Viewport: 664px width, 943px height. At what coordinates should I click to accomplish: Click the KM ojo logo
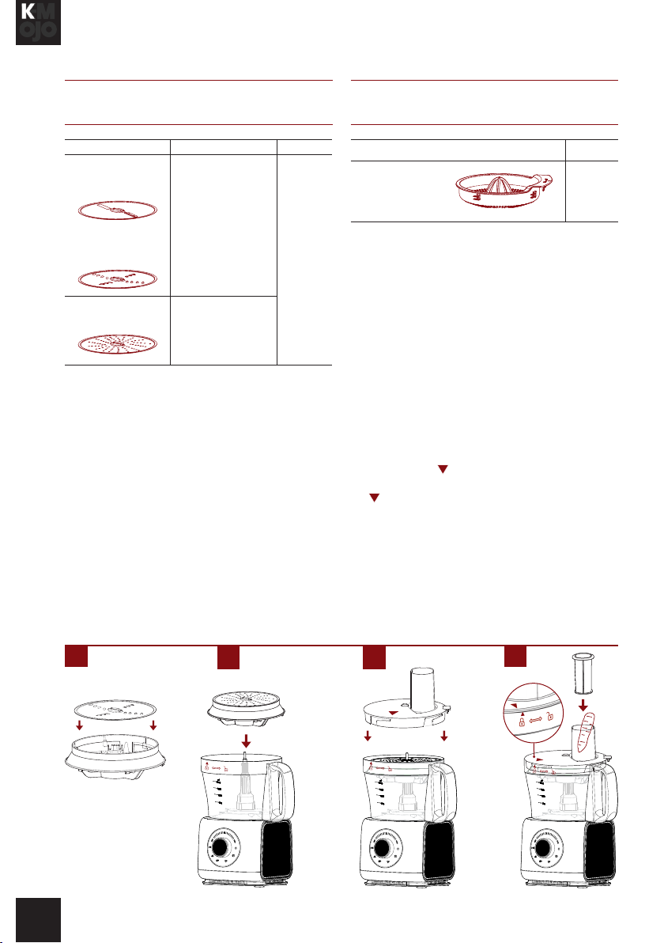tap(38, 22)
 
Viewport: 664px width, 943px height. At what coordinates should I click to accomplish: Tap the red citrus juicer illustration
tap(504, 190)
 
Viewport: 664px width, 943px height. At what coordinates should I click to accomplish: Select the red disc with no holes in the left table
tap(118, 210)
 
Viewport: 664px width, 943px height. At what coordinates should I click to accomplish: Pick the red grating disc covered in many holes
tap(118, 344)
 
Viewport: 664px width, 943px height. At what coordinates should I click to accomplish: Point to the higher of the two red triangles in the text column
tap(443, 469)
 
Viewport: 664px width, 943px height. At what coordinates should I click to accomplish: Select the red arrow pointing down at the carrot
tap(583, 704)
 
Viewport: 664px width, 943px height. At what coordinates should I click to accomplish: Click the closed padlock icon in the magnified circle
tap(522, 720)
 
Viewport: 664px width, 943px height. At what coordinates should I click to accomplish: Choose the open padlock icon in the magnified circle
tap(550, 716)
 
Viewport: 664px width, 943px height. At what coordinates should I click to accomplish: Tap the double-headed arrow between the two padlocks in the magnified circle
tap(536, 718)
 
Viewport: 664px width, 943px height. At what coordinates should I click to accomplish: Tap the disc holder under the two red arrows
tap(115, 750)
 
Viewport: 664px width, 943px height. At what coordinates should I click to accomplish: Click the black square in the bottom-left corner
tap(38, 920)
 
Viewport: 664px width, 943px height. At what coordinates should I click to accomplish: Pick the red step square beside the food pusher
tap(515, 657)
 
